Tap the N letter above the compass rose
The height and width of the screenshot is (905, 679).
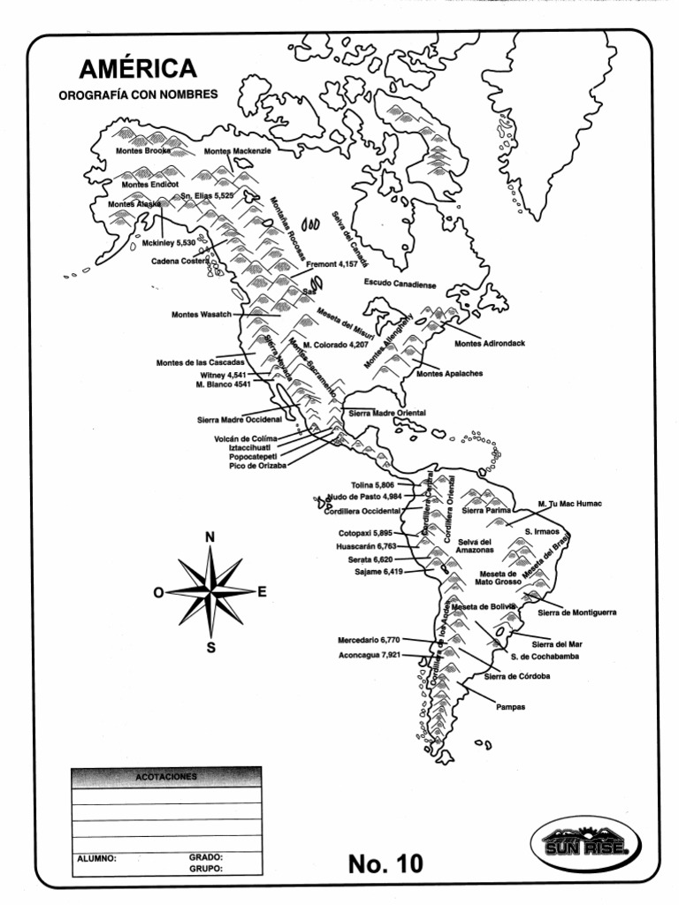point(210,537)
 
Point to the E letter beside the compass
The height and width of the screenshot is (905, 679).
point(262,591)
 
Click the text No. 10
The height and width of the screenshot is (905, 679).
point(385,863)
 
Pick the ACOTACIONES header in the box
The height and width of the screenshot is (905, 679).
point(166,777)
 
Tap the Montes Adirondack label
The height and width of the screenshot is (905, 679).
point(490,343)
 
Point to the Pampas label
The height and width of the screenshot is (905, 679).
point(511,707)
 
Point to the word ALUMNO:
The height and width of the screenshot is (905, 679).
point(96,857)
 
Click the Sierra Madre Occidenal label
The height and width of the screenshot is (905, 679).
point(239,420)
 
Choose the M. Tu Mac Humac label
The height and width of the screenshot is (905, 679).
point(570,504)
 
